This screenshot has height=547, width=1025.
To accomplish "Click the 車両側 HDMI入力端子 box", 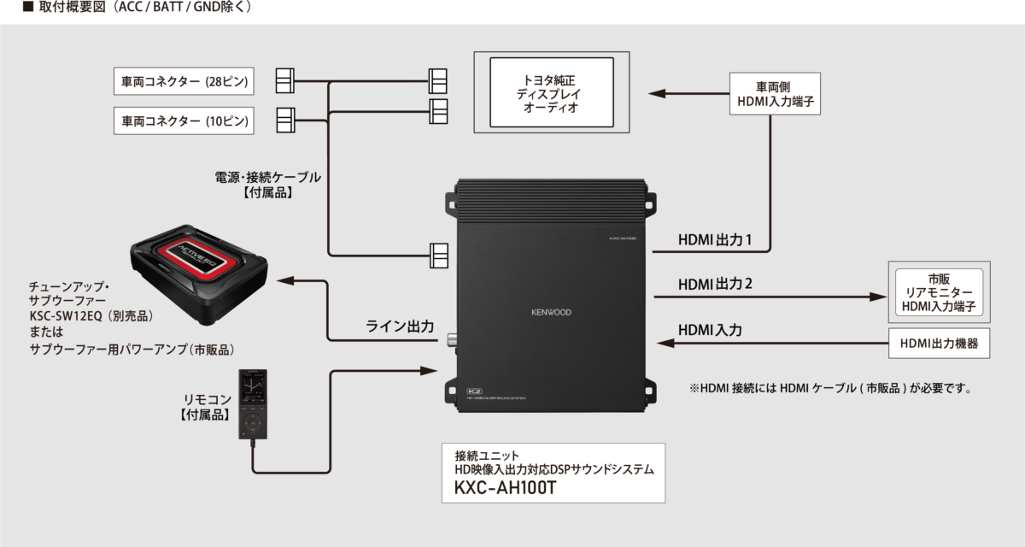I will pos(773,95).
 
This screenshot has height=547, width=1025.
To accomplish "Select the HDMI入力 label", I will pos(710,329).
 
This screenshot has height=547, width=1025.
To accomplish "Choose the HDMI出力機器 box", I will pos(939,344).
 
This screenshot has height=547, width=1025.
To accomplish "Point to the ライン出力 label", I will pos(400,326).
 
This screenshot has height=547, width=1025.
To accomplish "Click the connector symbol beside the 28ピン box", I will pos(286,82).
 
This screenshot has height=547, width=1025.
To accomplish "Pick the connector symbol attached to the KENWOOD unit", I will pos(440,255).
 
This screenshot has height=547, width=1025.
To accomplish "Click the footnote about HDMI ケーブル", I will pos(831,388).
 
